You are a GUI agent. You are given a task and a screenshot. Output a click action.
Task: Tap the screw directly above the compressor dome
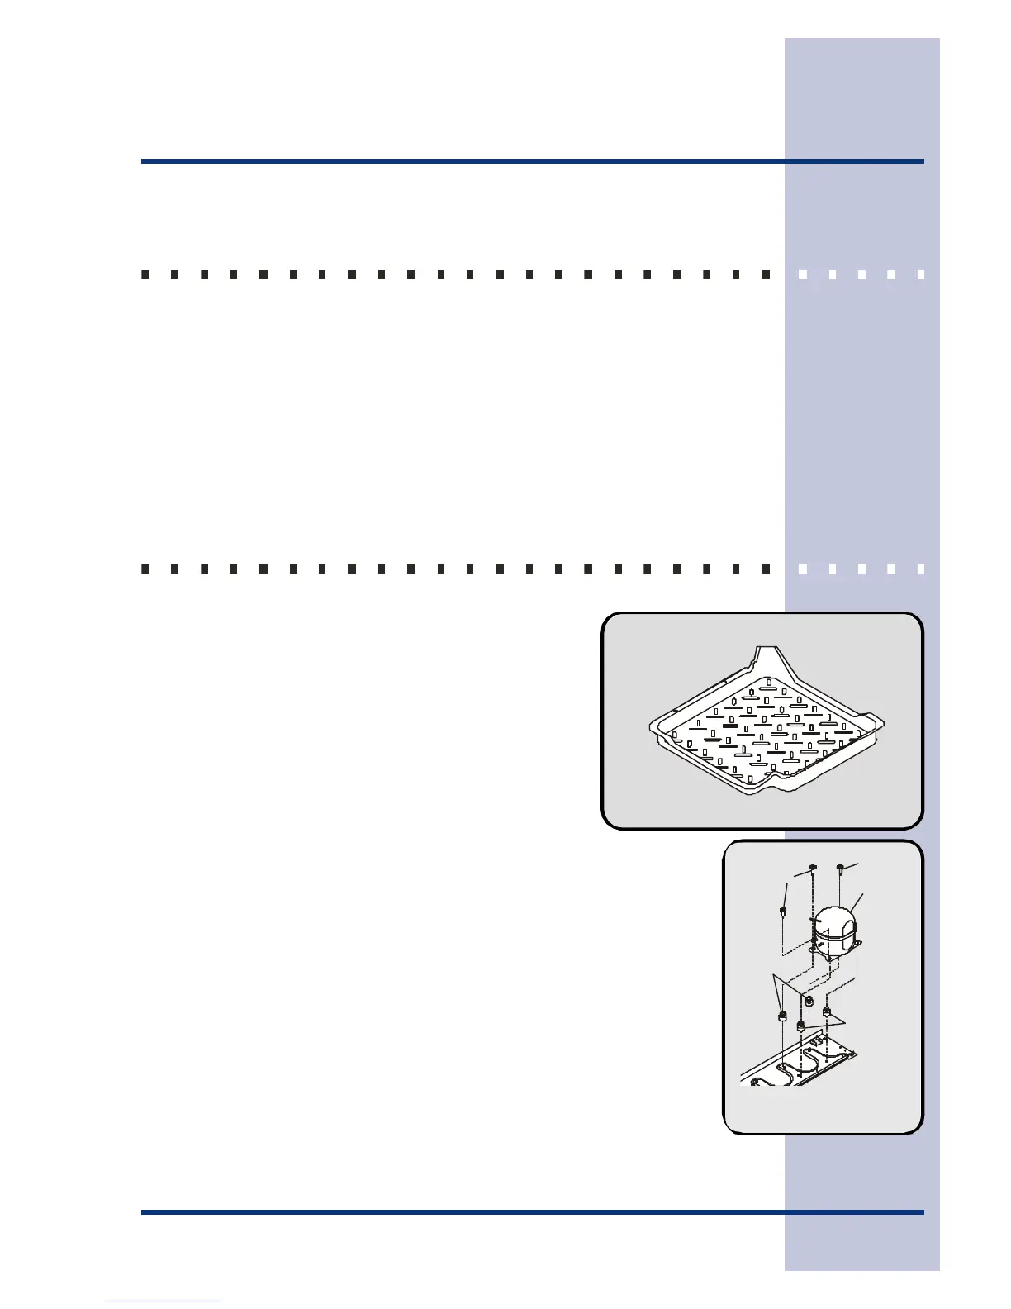pyautogui.click(x=840, y=868)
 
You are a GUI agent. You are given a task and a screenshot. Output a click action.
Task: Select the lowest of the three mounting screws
pyautogui.click(x=781, y=912)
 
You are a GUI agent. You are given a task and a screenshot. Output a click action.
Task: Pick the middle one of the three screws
pyautogui.click(x=814, y=868)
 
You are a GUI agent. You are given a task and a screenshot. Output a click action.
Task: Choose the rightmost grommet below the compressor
pyautogui.click(x=826, y=1011)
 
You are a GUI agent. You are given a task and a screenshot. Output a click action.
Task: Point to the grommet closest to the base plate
pyautogui.click(x=800, y=1027)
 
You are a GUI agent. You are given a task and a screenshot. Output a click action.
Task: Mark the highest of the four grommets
pyautogui.click(x=809, y=1002)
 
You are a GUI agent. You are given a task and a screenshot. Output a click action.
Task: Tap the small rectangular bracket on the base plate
pyautogui.click(x=819, y=1043)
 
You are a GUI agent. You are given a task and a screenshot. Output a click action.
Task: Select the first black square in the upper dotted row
pyautogui.click(x=145, y=274)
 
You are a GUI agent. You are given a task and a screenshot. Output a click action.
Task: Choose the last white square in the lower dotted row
pyautogui.click(x=921, y=569)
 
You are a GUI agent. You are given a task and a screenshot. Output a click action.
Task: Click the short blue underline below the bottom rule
pyautogui.click(x=164, y=1302)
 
